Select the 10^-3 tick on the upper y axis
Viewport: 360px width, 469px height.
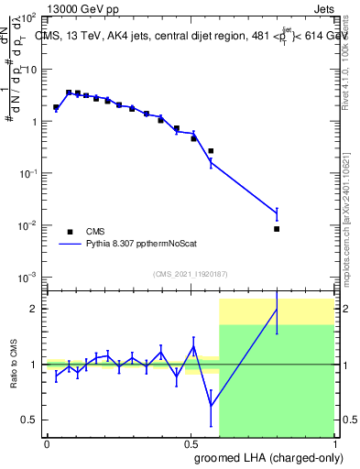pyautogui.click(x=27, y=277)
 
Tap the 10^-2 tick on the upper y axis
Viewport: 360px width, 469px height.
pyautogui.click(x=27, y=225)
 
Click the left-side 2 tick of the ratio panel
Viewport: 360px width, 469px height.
pyautogui.click(x=35, y=309)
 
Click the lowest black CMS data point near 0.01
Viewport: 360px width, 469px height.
pyautogui.click(x=277, y=229)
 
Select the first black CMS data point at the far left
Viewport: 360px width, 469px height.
pyautogui.click(x=56, y=107)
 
